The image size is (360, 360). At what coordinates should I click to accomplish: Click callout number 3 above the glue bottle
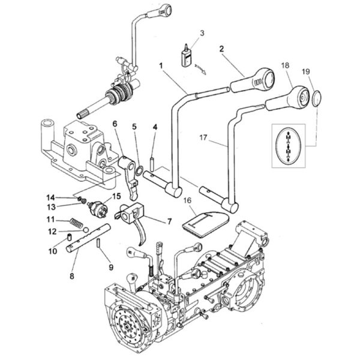(x=202, y=33)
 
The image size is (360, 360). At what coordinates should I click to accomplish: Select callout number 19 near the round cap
(x=305, y=71)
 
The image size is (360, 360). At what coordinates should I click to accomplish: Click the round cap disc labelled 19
(x=317, y=98)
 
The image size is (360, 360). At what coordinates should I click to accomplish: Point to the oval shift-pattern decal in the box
(x=289, y=146)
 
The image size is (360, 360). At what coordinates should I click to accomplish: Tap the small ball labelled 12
(x=86, y=230)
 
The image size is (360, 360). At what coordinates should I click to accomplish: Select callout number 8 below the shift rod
(x=72, y=276)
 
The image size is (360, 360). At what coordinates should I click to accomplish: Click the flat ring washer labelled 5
(x=139, y=171)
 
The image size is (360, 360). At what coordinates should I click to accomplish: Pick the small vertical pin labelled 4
(x=152, y=164)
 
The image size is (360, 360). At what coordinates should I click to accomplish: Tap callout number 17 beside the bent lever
(x=203, y=138)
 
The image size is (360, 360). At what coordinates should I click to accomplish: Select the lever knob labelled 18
(x=287, y=98)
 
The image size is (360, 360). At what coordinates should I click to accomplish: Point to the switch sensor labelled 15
(x=98, y=208)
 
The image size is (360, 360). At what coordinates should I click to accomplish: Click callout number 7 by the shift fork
(x=169, y=221)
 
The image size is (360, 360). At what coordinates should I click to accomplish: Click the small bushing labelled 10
(x=69, y=237)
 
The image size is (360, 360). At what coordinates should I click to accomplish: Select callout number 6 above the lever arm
(x=115, y=124)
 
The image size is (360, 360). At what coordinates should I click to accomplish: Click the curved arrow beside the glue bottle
(x=200, y=69)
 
